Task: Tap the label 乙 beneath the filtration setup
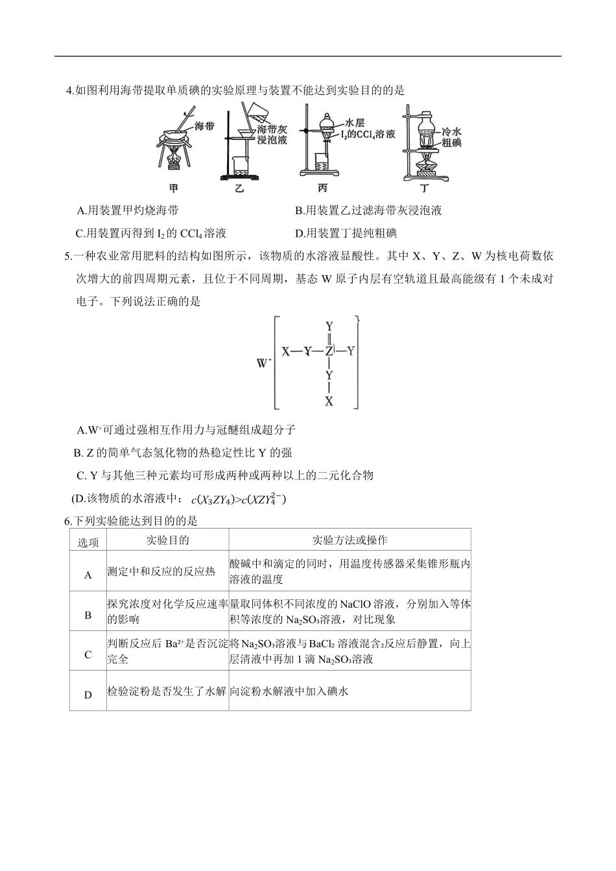pyautogui.click(x=238, y=189)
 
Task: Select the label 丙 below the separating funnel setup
pyautogui.click(x=322, y=189)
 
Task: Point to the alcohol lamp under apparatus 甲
pyautogui.click(x=174, y=160)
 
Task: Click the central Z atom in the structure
pyautogui.click(x=329, y=352)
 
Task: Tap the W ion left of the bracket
pyautogui.click(x=263, y=363)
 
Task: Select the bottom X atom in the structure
pyautogui.click(x=329, y=400)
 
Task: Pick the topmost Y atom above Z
pyautogui.click(x=329, y=326)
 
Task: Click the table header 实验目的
pyautogui.click(x=167, y=540)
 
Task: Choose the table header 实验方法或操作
pyautogui.click(x=349, y=540)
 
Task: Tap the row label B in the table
pyautogui.click(x=88, y=615)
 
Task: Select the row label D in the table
pyautogui.click(x=88, y=695)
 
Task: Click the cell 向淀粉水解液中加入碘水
pyautogui.click(x=289, y=691)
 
